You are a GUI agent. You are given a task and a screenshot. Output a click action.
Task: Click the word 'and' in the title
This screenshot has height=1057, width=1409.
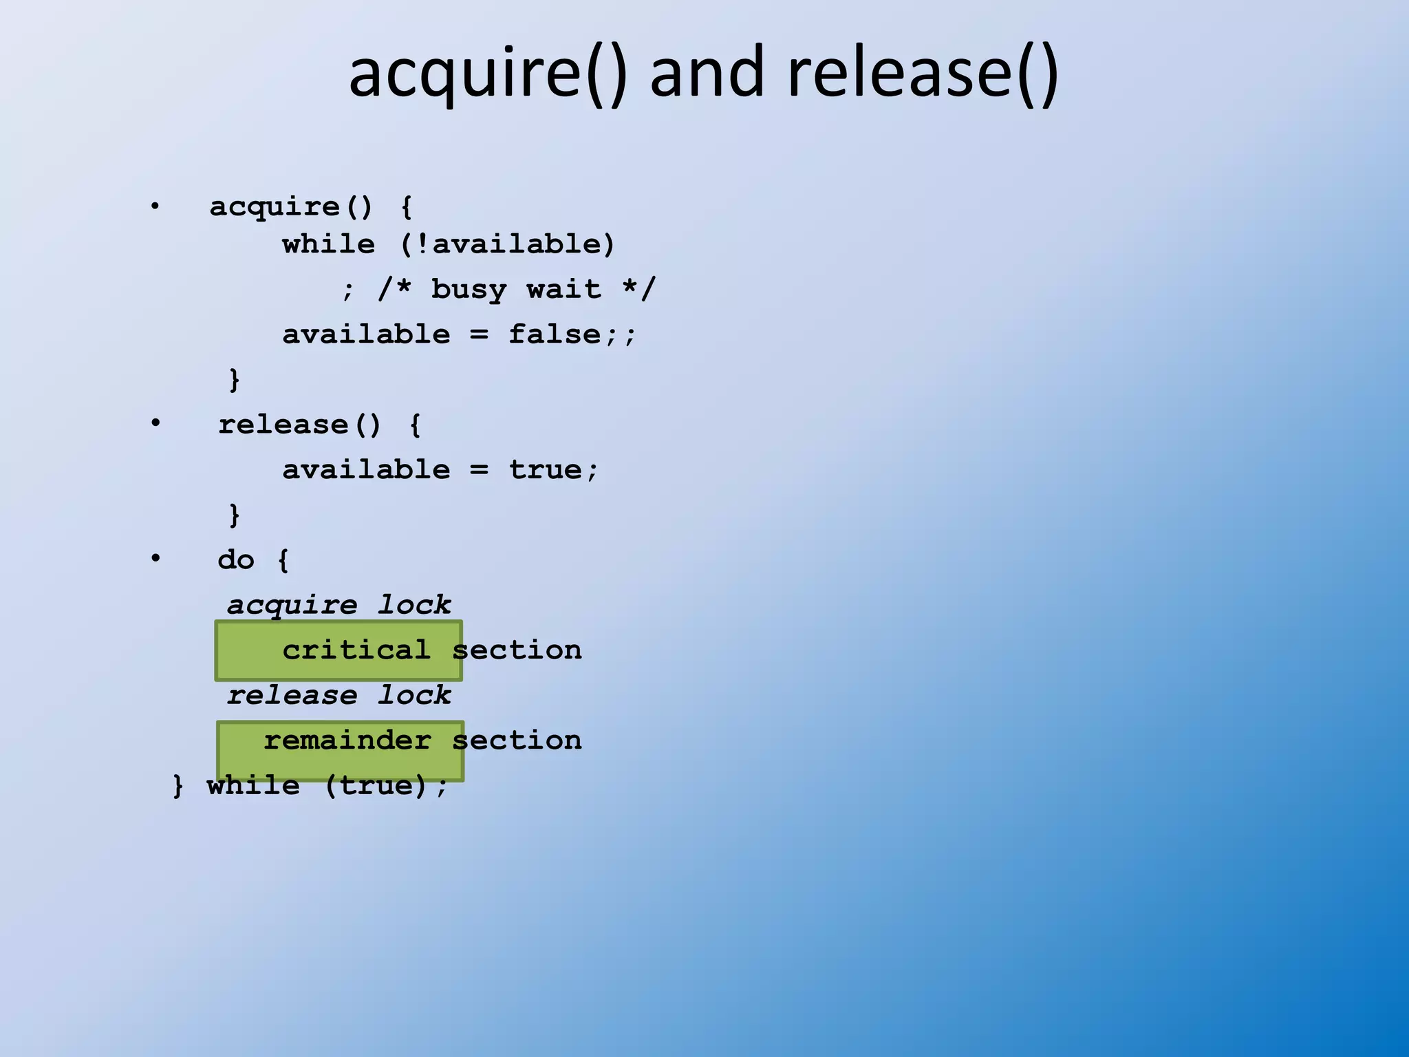[x=707, y=72]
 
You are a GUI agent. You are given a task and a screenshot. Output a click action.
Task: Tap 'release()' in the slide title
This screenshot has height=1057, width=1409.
[x=922, y=72]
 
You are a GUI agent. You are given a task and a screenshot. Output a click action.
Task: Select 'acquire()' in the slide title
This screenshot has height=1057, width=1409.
[x=488, y=72]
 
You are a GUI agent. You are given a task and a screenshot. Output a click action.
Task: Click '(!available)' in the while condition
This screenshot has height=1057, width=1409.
[x=507, y=244]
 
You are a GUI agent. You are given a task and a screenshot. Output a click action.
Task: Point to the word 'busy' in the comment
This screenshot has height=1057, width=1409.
[x=469, y=290]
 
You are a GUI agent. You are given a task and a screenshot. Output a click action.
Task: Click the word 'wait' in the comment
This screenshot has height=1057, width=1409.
[x=564, y=290]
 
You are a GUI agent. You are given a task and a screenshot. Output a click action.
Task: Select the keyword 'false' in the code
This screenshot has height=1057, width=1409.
[x=555, y=334]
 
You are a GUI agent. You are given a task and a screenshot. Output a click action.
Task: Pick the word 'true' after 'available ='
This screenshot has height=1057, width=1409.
[x=546, y=470]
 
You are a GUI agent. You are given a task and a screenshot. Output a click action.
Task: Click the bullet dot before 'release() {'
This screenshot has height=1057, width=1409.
[x=155, y=422]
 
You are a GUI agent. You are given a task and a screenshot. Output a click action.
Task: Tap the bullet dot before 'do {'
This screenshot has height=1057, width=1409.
[x=155, y=557]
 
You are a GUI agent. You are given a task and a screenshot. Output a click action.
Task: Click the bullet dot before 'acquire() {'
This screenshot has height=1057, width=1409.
[x=155, y=206]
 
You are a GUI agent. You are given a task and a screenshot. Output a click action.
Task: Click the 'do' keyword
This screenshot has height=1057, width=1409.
[x=236, y=559]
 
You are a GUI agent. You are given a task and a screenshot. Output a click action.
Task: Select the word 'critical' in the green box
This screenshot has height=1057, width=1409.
[x=356, y=650]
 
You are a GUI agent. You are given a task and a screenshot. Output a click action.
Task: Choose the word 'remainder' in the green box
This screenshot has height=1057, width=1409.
[x=347, y=740]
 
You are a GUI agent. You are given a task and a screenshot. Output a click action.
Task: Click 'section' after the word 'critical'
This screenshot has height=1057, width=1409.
[x=517, y=650]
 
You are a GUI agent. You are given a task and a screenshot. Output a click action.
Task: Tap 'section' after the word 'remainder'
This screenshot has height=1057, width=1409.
[x=517, y=740]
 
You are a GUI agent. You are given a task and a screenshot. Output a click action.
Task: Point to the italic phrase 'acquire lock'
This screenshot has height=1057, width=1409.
[x=339, y=605]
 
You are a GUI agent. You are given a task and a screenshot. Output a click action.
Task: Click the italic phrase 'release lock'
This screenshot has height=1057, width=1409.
[x=339, y=695]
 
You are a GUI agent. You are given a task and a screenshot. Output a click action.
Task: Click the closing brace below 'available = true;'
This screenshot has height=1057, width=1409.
[x=235, y=515]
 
